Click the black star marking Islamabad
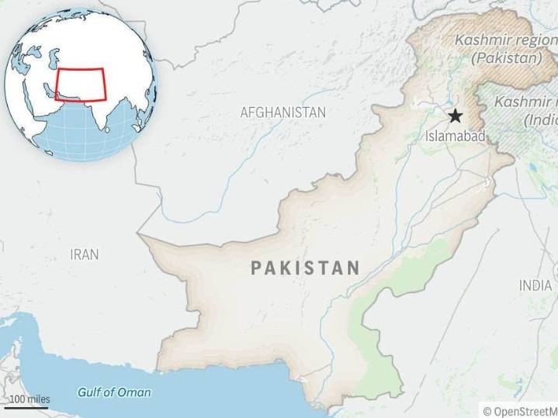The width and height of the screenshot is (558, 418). click(x=455, y=116)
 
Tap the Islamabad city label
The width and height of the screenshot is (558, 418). click(x=456, y=136)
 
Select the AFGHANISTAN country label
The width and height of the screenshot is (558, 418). click(x=282, y=112)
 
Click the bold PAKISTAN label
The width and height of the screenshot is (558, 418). click(x=305, y=268)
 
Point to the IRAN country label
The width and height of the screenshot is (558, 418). click(x=84, y=254)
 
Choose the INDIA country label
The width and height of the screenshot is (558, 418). click(x=535, y=285)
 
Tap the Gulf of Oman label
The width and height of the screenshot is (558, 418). click(x=114, y=392)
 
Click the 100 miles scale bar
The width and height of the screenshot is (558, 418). click(x=28, y=406)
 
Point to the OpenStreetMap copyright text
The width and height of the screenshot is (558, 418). click(x=519, y=411)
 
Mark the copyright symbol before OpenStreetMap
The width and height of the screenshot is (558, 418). click(x=487, y=411)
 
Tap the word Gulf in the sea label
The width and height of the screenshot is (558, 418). click(x=90, y=392)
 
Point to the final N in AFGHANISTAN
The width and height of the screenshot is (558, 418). click(x=321, y=112)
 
